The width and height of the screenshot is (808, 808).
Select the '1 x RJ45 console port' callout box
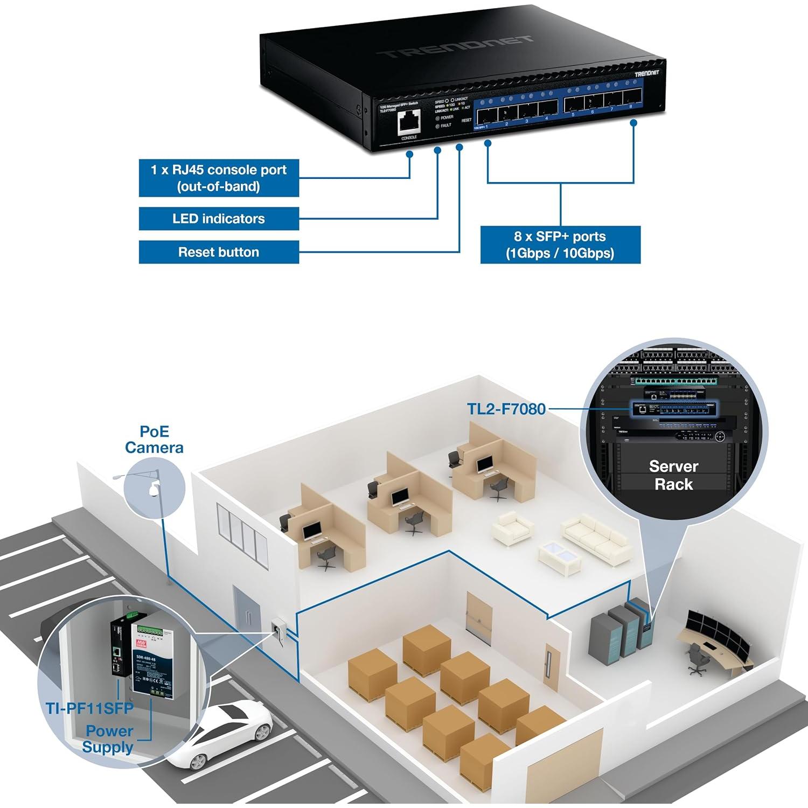219,178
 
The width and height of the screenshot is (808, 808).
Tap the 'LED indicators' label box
219,219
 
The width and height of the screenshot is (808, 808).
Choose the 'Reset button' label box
219,252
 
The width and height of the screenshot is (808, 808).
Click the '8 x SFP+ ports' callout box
560,245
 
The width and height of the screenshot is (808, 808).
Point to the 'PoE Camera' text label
154,440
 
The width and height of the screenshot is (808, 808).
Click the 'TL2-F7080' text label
506,409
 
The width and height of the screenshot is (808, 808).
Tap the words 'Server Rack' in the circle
673,475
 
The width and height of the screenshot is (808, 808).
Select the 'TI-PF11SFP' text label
89,708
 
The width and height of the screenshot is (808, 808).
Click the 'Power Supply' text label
109,739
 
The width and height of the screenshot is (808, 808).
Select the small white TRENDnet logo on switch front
646,73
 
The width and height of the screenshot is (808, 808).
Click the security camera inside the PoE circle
154,489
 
